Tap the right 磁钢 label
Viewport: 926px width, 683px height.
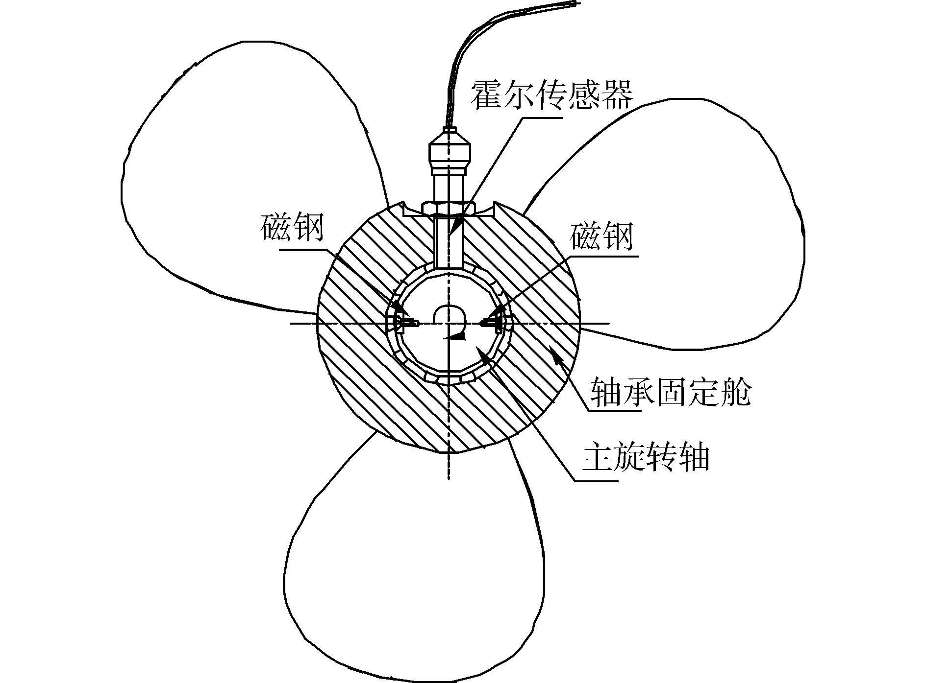tap(601, 236)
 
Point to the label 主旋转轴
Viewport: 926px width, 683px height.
tap(646, 458)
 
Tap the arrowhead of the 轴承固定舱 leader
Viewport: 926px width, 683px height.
tap(554, 351)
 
